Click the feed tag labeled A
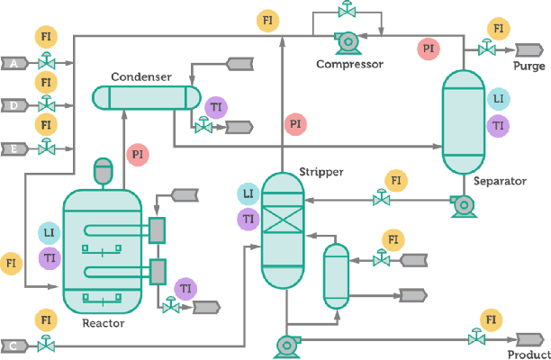[x=14, y=63]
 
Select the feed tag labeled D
[x=14, y=105]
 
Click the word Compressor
[x=349, y=64]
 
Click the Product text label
[x=528, y=355]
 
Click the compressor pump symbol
[x=345, y=40]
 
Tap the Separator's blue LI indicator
[x=498, y=99]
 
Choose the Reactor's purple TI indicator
[x=50, y=258]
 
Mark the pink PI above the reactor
[x=138, y=154]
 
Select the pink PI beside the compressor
[x=429, y=47]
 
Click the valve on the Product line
[x=474, y=339]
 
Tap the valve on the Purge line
[x=476, y=52]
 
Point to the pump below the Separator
[x=463, y=205]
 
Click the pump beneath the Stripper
[x=288, y=343]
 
